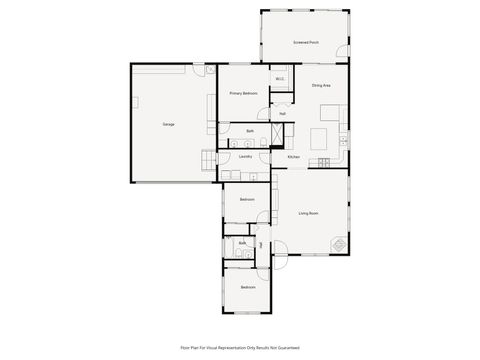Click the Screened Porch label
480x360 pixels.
tap(306, 43)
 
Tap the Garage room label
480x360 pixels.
tap(169, 124)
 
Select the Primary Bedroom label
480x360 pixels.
tap(243, 93)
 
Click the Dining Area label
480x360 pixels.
tap(321, 86)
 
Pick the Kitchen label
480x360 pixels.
tap(294, 157)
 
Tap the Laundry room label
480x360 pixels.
tap(245, 157)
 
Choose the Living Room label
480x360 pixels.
tap(308, 213)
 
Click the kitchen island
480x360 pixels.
tap(327, 137)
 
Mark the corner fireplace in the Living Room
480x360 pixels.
tap(341, 245)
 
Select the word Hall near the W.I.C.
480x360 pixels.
tap(283, 114)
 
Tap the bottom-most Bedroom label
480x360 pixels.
tap(246, 288)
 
